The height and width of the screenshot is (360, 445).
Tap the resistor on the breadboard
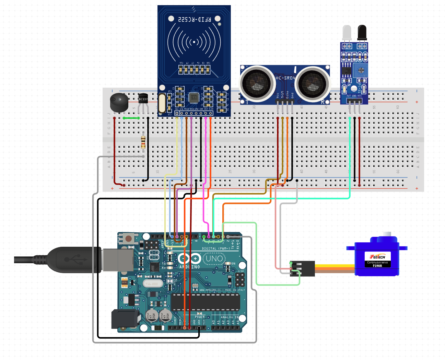point(143,142)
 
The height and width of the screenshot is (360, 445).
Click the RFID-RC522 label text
point(194,19)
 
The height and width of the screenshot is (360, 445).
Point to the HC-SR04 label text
point(285,78)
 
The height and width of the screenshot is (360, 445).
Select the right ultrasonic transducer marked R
point(313,83)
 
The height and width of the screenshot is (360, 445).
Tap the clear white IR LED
point(347,33)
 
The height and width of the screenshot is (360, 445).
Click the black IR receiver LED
point(362,33)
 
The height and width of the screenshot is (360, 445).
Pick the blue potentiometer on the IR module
point(361,70)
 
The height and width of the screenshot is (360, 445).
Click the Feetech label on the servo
point(377,256)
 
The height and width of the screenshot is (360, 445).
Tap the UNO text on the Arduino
point(214,258)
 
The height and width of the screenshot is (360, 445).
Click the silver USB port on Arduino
point(118,259)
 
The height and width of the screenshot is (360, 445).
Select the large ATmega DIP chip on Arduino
point(206,302)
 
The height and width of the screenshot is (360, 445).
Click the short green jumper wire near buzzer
point(131,118)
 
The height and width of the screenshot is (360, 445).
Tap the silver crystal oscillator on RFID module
point(162,103)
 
